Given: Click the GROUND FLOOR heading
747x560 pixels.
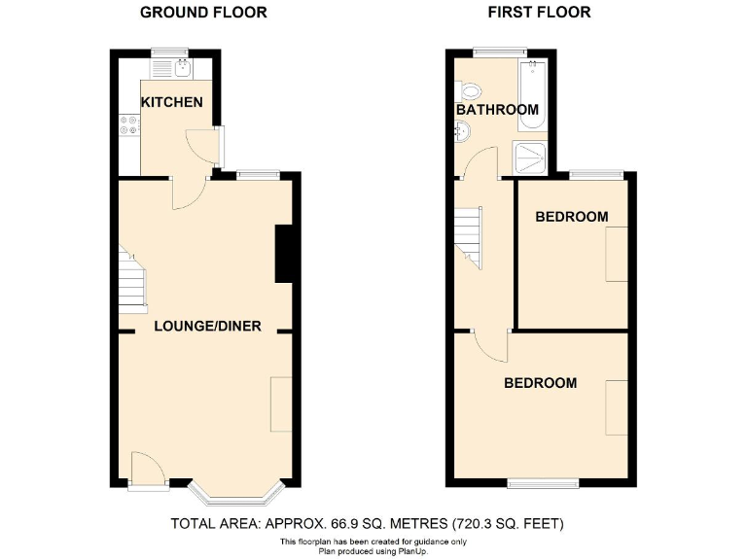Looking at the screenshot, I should pyautogui.click(x=203, y=13).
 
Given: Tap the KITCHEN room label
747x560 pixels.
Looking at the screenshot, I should pyautogui.click(x=171, y=102).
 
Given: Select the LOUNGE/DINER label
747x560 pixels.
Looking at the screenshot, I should pyautogui.click(x=207, y=326).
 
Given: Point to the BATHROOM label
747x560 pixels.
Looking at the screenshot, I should pyautogui.click(x=497, y=110).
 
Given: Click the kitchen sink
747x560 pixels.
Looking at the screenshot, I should pyautogui.click(x=180, y=66).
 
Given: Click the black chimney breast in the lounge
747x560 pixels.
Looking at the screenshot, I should pyautogui.click(x=285, y=253).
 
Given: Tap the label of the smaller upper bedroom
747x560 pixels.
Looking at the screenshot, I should pyautogui.click(x=572, y=216).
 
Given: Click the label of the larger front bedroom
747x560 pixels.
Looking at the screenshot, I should pyautogui.click(x=540, y=383).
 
